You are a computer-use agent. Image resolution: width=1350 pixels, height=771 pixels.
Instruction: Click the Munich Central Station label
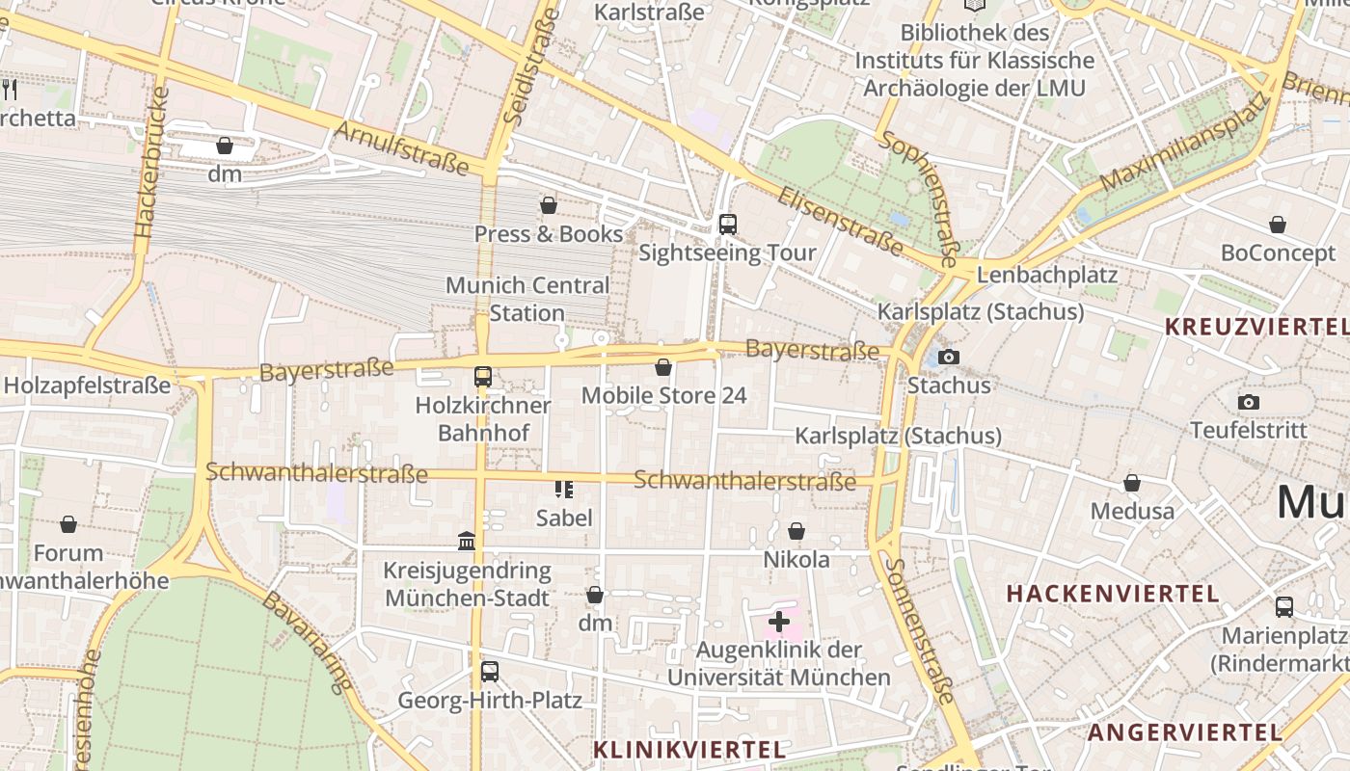[x=527, y=299]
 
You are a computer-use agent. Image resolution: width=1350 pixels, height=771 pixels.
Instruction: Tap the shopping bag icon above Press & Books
[x=549, y=205]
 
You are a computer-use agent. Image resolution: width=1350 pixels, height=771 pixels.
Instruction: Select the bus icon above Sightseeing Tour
[x=728, y=225]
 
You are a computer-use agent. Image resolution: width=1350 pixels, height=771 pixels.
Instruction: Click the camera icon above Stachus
[x=949, y=358]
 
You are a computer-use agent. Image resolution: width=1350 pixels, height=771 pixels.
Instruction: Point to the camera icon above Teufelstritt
[x=1249, y=402]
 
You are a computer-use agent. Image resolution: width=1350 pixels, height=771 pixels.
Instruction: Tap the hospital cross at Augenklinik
[x=779, y=622]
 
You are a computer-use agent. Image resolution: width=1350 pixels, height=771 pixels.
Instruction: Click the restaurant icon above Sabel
[x=564, y=490]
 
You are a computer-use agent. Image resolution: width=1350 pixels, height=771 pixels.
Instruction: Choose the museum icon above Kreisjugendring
[x=467, y=542]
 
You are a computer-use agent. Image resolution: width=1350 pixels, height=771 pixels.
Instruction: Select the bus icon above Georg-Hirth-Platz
[x=490, y=671]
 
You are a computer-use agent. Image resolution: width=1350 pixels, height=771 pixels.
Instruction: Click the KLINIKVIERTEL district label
[x=689, y=749]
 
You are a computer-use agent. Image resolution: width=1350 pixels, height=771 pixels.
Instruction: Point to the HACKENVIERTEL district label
[x=1114, y=593]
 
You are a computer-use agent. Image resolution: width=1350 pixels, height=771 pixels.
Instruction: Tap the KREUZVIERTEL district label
[x=1256, y=326]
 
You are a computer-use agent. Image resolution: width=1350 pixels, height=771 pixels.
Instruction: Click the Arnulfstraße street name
[x=402, y=147]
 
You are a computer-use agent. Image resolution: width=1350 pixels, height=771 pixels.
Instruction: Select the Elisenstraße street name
[x=840, y=221]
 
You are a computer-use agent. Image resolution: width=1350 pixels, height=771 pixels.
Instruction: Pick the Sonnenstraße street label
[x=921, y=630]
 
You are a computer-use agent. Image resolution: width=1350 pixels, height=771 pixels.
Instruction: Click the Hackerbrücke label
[x=152, y=164]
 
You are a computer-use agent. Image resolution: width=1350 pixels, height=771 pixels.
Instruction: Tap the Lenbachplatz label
[x=1047, y=275]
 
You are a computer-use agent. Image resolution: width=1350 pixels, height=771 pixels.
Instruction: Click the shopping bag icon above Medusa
[x=1132, y=482]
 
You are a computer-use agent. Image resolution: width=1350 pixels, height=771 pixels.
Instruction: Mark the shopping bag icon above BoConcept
[x=1278, y=225]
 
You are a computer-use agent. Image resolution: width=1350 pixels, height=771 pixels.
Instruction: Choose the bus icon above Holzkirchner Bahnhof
[x=483, y=377]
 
